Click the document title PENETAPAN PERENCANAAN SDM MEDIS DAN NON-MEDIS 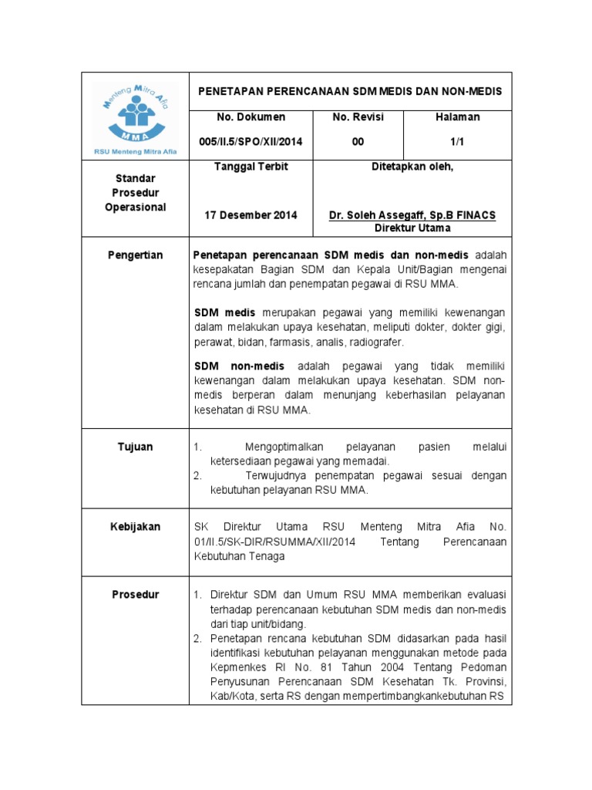(x=350, y=91)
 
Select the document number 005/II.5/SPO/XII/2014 (x=251, y=142)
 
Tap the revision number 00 (x=338, y=142)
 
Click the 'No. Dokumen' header (x=251, y=117)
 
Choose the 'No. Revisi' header (x=358, y=117)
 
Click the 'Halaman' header (x=458, y=117)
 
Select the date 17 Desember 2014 (x=251, y=215)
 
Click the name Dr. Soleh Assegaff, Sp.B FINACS (x=412, y=215)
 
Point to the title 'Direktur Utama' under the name (x=412, y=228)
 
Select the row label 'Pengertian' (x=135, y=255)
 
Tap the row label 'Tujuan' (x=135, y=447)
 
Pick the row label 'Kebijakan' (x=135, y=527)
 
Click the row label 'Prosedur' (x=135, y=595)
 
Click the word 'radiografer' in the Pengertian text (x=375, y=343)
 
